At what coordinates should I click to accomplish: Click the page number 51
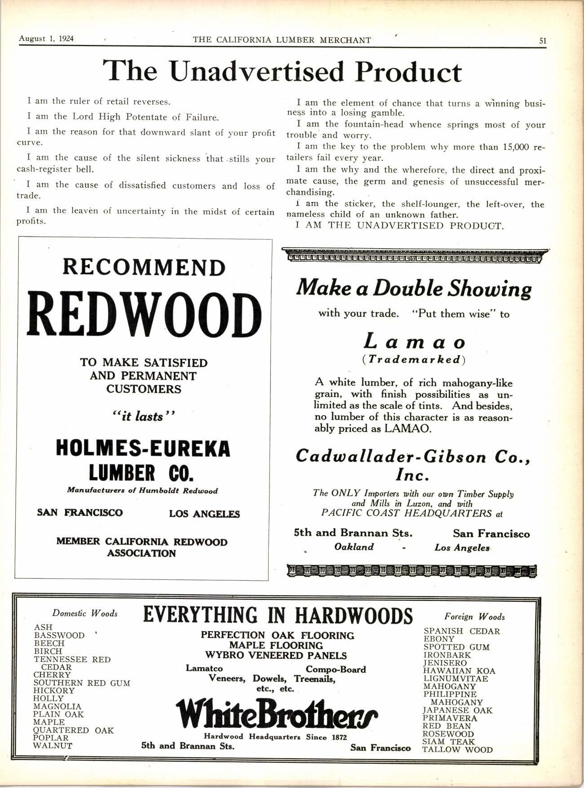coord(543,40)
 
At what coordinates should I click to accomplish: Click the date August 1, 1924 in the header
coord(46,38)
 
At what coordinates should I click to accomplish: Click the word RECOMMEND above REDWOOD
coord(144,267)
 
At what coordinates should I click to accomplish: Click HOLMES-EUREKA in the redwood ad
coord(143,448)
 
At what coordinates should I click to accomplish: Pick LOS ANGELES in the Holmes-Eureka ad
coord(204,514)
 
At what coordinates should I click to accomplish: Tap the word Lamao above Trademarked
coord(414,342)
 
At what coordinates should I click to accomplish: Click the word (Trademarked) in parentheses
coord(414,360)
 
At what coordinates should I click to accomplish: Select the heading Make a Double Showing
coord(414,289)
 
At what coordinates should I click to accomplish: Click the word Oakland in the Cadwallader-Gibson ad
coord(354,547)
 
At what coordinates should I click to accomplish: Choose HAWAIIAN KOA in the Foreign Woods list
coord(459,671)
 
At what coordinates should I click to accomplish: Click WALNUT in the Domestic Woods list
coord(53,746)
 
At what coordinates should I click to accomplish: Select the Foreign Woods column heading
coord(475,617)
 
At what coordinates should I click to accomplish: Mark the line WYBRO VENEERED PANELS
coord(276,656)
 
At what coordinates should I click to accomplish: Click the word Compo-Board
coord(336,670)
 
